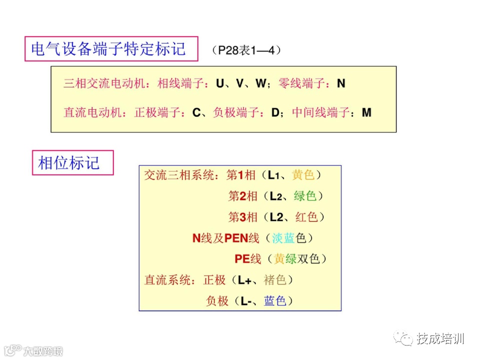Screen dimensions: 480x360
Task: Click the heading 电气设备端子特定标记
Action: click(x=108, y=48)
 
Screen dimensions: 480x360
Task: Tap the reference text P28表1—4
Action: click(x=246, y=50)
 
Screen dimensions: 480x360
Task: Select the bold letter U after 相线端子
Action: click(x=220, y=83)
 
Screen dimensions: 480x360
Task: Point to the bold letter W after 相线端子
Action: click(x=260, y=83)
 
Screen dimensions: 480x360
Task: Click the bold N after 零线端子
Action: click(x=341, y=83)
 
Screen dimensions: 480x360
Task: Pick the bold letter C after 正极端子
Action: click(x=196, y=112)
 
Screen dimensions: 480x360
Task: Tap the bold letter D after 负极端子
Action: click(x=275, y=112)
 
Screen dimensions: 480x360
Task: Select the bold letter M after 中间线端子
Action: click(x=367, y=112)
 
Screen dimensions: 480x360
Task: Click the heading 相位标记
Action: click(x=69, y=162)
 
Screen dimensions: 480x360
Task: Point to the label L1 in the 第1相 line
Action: click(x=273, y=175)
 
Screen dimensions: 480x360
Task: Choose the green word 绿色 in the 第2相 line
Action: click(x=305, y=196)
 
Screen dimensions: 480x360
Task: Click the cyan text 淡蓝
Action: click(x=284, y=238)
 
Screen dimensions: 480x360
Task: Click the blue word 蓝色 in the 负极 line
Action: click(x=275, y=301)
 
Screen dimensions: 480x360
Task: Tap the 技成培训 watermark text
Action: click(x=440, y=338)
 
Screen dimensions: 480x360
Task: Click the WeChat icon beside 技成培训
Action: click(x=403, y=338)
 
